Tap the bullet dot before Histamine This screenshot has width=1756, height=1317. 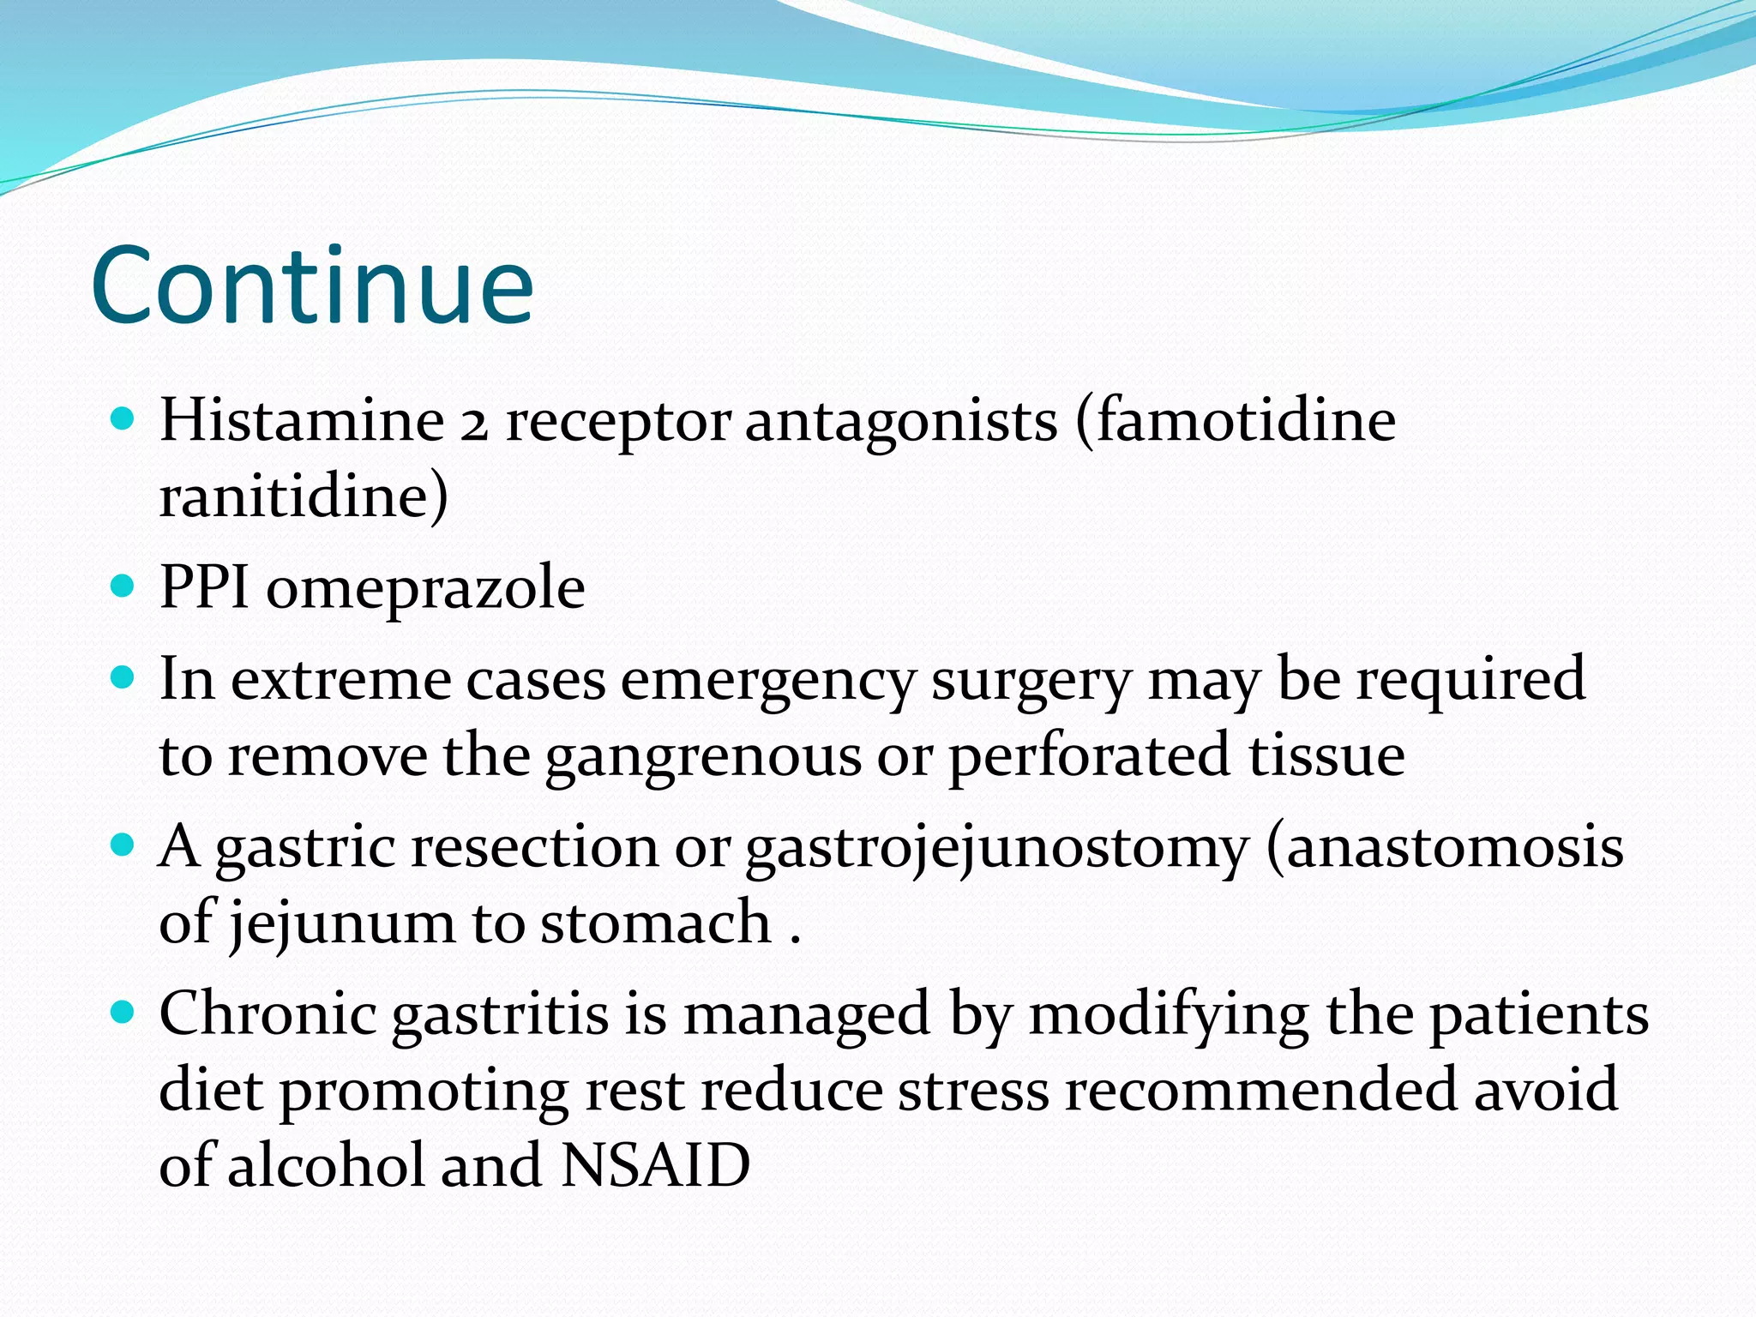point(123,419)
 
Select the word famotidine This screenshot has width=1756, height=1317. point(1246,421)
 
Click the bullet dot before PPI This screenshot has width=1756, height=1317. point(123,586)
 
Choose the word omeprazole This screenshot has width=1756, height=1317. point(425,590)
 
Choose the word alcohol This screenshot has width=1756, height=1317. point(327,1167)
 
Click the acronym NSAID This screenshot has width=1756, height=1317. point(655,1167)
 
